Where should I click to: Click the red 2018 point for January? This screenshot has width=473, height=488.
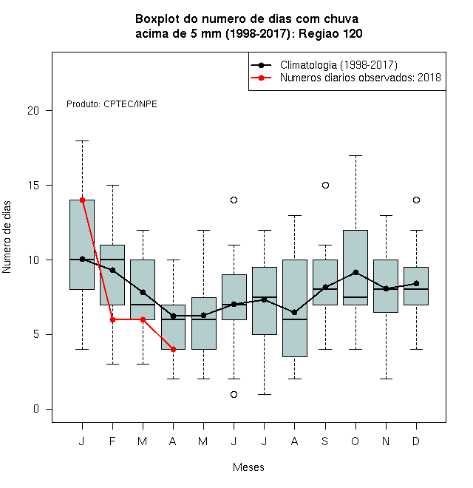[83, 200]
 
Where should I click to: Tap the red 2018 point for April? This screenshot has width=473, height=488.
[174, 349]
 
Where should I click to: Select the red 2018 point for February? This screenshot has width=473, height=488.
[112, 319]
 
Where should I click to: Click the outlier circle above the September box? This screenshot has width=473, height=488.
[325, 185]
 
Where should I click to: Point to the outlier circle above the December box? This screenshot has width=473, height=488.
[416, 200]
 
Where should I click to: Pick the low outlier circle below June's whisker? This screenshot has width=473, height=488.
[234, 394]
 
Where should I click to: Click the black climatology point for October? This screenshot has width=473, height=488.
[355, 272]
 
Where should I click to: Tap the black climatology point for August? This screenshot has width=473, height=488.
[295, 312]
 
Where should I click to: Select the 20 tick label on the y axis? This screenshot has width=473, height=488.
[33, 110]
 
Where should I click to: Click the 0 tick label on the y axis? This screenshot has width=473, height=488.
[36, 409]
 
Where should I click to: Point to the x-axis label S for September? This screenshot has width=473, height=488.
[325, 441]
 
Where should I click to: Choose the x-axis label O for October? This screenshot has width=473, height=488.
[355, 441]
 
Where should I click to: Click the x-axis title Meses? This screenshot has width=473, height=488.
[248, 467]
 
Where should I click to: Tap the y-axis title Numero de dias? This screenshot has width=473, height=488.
[7, 237]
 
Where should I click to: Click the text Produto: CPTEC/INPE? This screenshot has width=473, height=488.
[112, 104]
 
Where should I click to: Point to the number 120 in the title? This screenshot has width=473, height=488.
[353, 33]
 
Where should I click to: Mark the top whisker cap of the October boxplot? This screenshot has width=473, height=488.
[355, 155]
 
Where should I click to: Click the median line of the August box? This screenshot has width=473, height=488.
[295, 319]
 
